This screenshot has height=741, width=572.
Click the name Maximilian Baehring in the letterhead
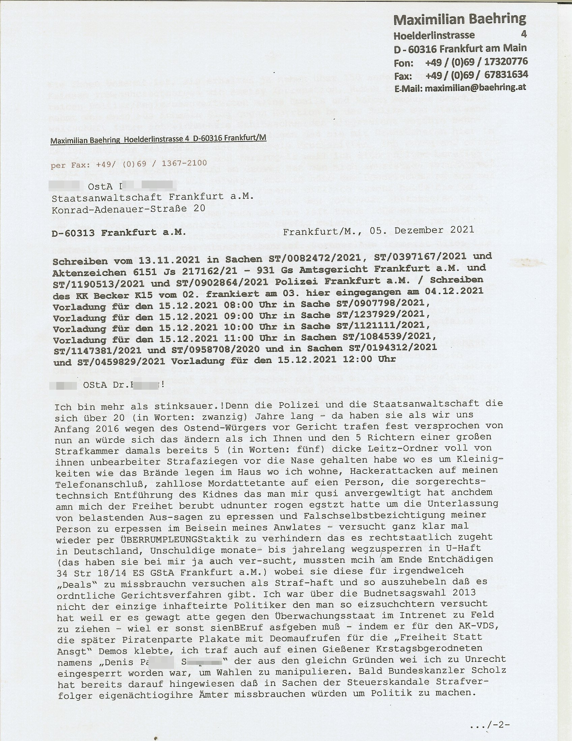click(x=460, y=19)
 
